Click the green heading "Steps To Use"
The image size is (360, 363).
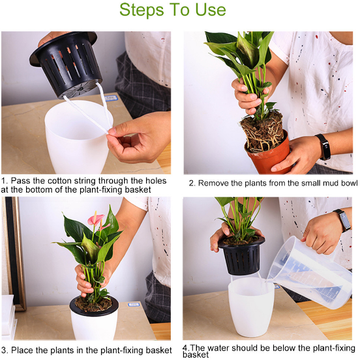[172, 10]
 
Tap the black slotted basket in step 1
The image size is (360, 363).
[67, 64]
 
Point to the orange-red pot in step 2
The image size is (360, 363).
[268, 155]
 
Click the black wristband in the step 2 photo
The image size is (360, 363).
[323, 147]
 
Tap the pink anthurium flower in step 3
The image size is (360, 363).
[96, 219]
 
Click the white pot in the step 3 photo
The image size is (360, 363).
[94, 324]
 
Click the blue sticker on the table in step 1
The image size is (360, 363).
[112, 98]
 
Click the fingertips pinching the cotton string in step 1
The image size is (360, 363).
[111, 131]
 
